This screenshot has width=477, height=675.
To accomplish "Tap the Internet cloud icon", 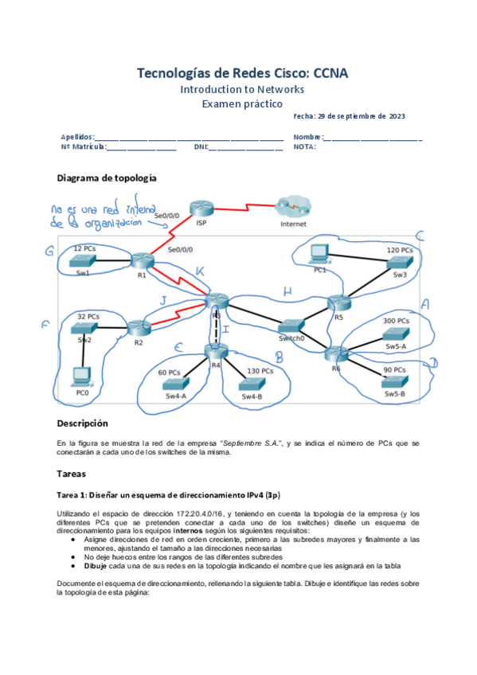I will tap(292, 208).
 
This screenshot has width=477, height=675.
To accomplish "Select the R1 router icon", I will tap(142, 261).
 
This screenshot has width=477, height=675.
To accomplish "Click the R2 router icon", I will tap(139, 328).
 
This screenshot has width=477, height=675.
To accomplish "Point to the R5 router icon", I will tap(339, 302).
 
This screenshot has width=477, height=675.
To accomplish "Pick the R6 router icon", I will tap(338, 353).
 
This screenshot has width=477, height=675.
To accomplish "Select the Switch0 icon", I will tap(292, 326).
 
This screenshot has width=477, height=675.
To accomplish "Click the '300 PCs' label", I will tap(396, 320).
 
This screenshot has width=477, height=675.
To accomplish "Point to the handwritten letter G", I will tap(49, 252).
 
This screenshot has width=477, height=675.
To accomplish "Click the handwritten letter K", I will tap(200, 272).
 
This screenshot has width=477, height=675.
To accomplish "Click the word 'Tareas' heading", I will tap(77, 474).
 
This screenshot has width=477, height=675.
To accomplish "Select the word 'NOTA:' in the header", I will tap(304, 146).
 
